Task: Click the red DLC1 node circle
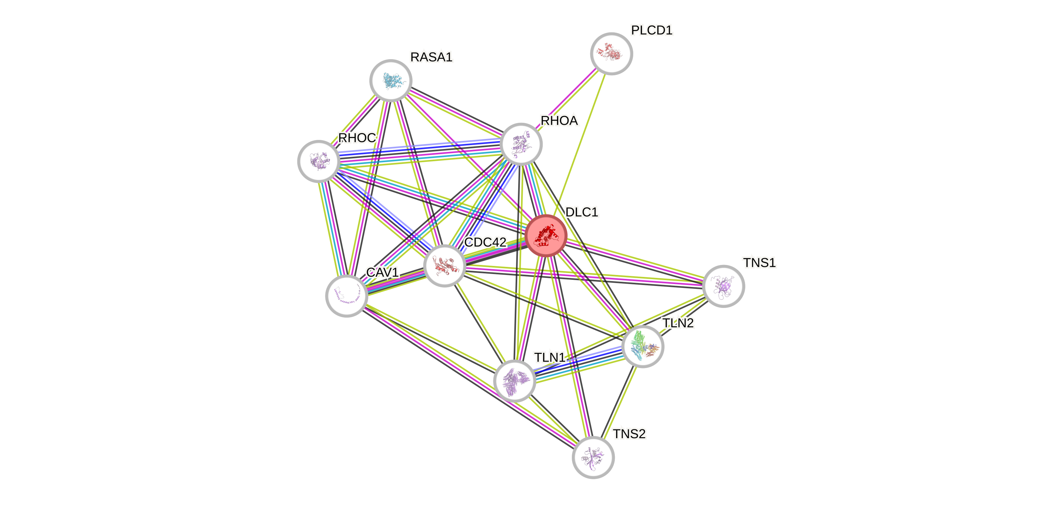[x=546, y=236]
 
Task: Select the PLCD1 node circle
[x=611, y=53]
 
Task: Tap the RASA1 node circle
[x=391, y=80]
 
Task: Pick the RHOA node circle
[x=521, y=144]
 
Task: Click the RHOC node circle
[x=319, y=161]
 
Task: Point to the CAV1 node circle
[x=346, y=296]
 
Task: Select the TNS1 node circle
[x=723, y=286]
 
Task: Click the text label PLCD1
[x=651, y=30]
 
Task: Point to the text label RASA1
[x=431, y=57]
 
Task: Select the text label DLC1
[x=582, y=212]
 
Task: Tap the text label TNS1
[x=759, y=263]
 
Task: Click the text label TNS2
[x=629, y=434]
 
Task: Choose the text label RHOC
[x=357, y=138]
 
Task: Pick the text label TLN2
[x=678, y=323]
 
